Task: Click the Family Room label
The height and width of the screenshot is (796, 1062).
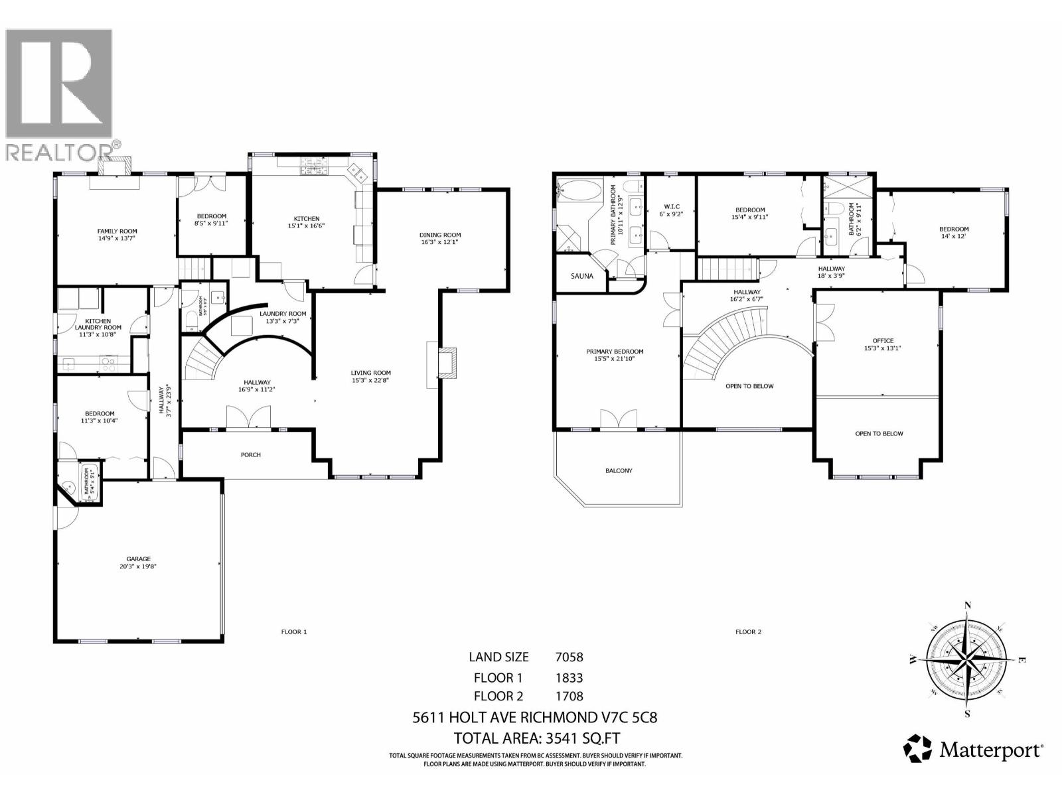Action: point(117,232)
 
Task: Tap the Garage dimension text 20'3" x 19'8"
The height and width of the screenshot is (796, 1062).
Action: point(139,567)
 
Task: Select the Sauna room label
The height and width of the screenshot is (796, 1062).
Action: point(582,276)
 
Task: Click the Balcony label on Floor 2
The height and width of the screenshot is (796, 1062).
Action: point(619,470)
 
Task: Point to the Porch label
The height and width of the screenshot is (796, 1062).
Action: point(251,455)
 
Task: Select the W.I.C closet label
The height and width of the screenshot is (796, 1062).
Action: point(670,206)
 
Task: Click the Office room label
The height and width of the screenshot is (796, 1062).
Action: point(883,340)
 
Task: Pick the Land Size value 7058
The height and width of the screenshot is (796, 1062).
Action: point(569,657)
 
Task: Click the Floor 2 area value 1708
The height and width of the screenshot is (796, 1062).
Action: point(569,696)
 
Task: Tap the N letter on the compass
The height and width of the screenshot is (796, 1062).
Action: point(968,605)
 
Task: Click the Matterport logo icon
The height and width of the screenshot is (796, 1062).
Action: point(917,748)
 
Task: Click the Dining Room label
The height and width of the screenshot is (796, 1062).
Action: point(440,235)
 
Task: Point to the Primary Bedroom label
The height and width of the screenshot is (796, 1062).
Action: point(615,352)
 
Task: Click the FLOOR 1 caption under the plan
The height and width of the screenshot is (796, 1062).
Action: point(294,632)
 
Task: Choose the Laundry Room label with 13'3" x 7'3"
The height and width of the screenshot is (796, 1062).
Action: point(283,314)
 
